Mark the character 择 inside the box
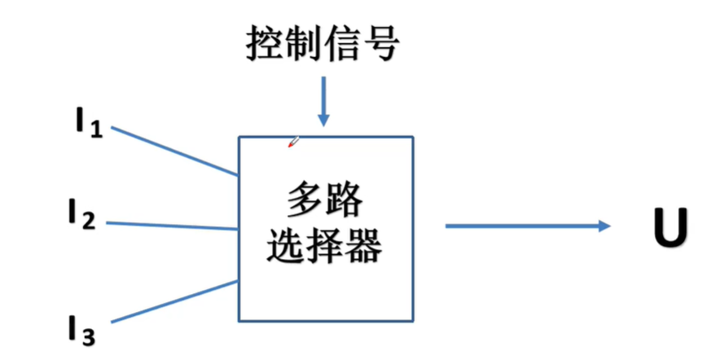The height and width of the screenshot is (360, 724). (325, 245)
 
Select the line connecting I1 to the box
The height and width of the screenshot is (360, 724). (174, 151)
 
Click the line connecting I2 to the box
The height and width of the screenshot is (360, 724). (171, 225)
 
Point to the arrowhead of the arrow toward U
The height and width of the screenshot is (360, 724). (603, 226)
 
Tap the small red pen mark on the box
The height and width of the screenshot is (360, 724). (293, 143)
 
